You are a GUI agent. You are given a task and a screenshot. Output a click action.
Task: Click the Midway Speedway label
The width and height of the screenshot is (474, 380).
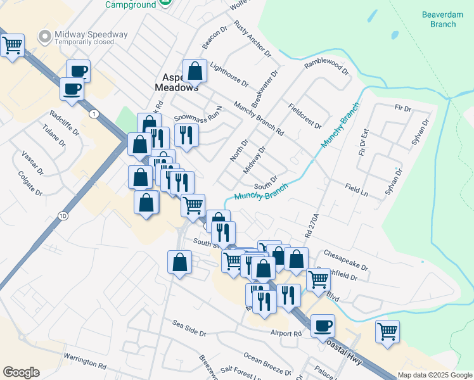coord(92,35)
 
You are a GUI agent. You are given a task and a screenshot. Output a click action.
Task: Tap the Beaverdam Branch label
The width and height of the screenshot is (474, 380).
coord(439,20)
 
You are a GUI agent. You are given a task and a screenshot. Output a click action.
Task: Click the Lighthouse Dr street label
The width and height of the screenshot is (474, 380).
coord(228,75)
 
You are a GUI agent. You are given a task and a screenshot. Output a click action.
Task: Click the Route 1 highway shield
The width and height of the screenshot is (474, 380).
coord(94,114)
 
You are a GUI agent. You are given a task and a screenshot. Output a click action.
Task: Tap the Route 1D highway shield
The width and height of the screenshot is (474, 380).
coord(62,215)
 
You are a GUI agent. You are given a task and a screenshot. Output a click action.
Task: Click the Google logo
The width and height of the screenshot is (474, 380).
coord(21,372)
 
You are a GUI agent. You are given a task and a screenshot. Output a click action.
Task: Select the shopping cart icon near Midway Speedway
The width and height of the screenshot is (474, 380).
coord(13,46)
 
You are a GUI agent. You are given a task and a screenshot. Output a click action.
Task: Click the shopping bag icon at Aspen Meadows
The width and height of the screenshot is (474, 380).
coord(195,71)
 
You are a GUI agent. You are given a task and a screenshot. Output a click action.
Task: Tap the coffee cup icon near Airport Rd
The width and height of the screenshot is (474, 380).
coord(323,326)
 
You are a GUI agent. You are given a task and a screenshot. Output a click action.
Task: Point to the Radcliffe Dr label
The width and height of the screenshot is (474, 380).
coord(64,123)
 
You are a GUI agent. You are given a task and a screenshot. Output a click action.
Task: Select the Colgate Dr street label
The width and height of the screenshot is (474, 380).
coord(30,184)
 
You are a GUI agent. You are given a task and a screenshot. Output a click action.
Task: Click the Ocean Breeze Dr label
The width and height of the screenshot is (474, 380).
coord(266,362)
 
